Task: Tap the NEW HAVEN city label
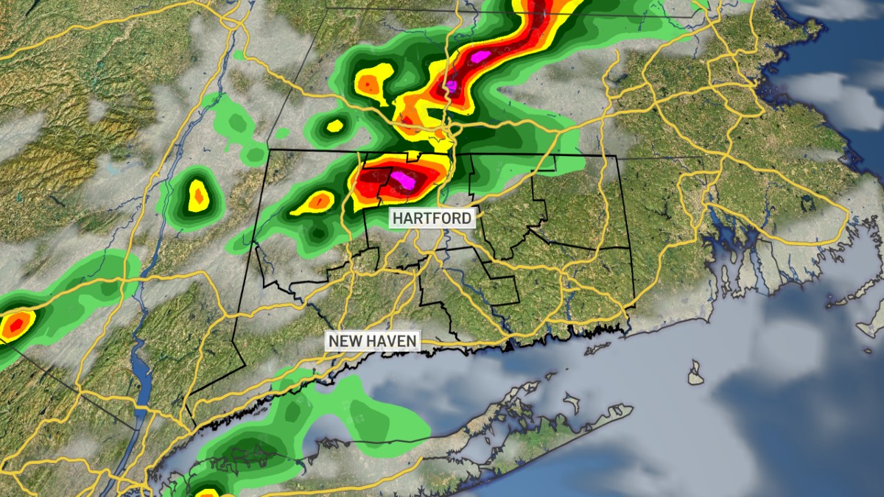[x=373, y=341]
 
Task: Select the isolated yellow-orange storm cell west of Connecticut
[x=197, y=197]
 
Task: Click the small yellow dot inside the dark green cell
[x=334, y=125]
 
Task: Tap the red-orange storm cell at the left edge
[x=13, y=325]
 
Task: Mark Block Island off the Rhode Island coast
[x=696, y=373]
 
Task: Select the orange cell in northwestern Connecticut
[x=319, y=200]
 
